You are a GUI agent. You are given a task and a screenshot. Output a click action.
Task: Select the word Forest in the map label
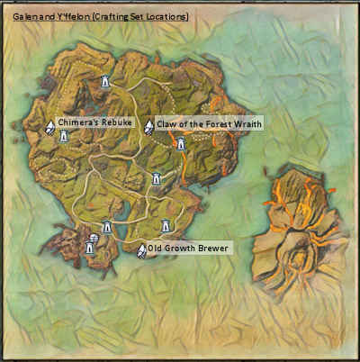click(x=211, y=125)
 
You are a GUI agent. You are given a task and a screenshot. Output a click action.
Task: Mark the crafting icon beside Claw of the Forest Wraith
click(x=148, y=126)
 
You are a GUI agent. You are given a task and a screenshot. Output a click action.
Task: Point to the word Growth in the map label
click(x=179, y=249)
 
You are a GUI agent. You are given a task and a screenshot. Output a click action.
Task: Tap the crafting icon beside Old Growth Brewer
click(x=140, y=250)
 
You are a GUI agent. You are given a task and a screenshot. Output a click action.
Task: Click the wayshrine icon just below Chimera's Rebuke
click(x=63, y=137)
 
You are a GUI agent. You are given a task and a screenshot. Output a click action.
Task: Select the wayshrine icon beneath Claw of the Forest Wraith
click(x=180, y=143)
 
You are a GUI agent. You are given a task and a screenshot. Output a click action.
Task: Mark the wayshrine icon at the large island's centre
click(x=156, y=179)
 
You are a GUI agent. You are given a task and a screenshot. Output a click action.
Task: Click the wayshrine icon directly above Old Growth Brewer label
click(x=165, y=225)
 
